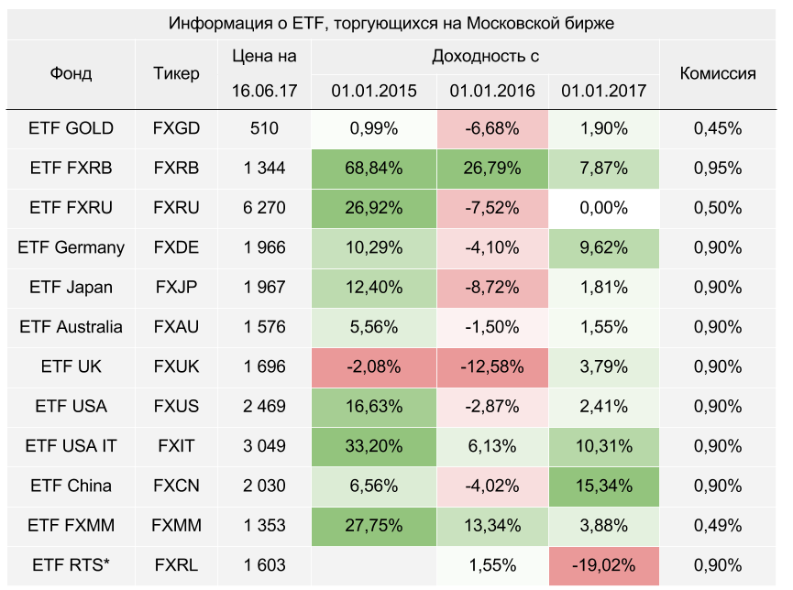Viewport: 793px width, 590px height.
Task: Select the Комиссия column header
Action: click(717, 73)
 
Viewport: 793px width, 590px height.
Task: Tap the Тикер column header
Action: click(176, 73)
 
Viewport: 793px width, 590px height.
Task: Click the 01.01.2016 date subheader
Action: click(485, 91)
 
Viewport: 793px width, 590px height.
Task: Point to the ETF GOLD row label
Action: click(72, 128)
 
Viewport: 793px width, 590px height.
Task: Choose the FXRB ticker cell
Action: click(176, 168)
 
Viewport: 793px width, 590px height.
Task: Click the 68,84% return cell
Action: click(374, 168)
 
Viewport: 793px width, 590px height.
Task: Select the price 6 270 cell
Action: click(264, 208)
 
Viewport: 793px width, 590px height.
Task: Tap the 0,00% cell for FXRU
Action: click(603, 208)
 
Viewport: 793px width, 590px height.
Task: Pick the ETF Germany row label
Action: click(72, 247)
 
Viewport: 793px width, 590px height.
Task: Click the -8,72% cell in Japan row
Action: click(485, 287)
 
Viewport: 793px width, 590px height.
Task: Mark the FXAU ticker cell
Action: click(176, 327)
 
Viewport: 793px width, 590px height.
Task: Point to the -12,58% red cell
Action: click(485, 366)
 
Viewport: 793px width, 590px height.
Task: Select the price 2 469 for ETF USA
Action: click(264, 406)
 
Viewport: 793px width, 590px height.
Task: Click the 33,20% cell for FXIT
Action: click(374, 446)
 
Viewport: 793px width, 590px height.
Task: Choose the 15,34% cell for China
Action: click(603, 486)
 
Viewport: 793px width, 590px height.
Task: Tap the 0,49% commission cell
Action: click(717, 525)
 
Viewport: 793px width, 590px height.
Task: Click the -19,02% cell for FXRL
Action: click(603, 565)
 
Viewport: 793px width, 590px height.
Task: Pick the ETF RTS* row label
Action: click(72, 565)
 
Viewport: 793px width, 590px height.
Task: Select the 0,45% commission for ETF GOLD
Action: click(717, 128)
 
